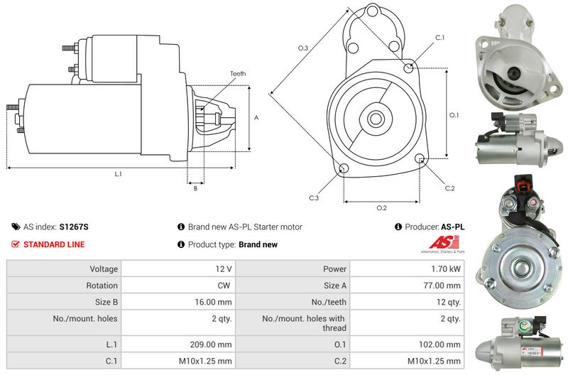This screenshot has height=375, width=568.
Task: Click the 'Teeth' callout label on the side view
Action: pos(238,74)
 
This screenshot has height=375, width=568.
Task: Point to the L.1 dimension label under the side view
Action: pos(118,174)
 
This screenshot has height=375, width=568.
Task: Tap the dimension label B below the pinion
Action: pos(196,188)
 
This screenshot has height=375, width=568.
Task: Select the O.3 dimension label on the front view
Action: pos(303,48)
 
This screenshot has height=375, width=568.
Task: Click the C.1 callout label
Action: pos(439,38)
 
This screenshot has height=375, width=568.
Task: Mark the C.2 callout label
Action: pos(449,188)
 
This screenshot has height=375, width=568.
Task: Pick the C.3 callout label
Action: pos(314,198)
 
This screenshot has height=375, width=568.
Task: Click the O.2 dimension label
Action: pos(381,208)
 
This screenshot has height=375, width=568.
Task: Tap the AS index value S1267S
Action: pos(74,227)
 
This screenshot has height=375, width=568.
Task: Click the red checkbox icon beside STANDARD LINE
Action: pos(15,244)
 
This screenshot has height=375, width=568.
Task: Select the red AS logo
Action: pos(444,242)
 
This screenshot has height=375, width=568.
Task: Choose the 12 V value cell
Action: pos(224,269)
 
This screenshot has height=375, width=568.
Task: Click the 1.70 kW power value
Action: pos(446,269)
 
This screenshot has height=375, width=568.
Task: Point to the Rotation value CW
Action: pos(224,286)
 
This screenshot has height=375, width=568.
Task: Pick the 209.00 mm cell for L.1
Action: pos(211,344)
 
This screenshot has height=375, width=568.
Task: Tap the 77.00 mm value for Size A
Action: pos(442,286)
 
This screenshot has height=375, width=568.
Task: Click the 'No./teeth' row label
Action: pos(329,302)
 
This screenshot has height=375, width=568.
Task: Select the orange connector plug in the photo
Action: pos(524,184)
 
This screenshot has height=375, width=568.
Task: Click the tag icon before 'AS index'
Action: pos(16,227)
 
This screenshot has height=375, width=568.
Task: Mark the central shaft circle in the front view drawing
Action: pos(376,119)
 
